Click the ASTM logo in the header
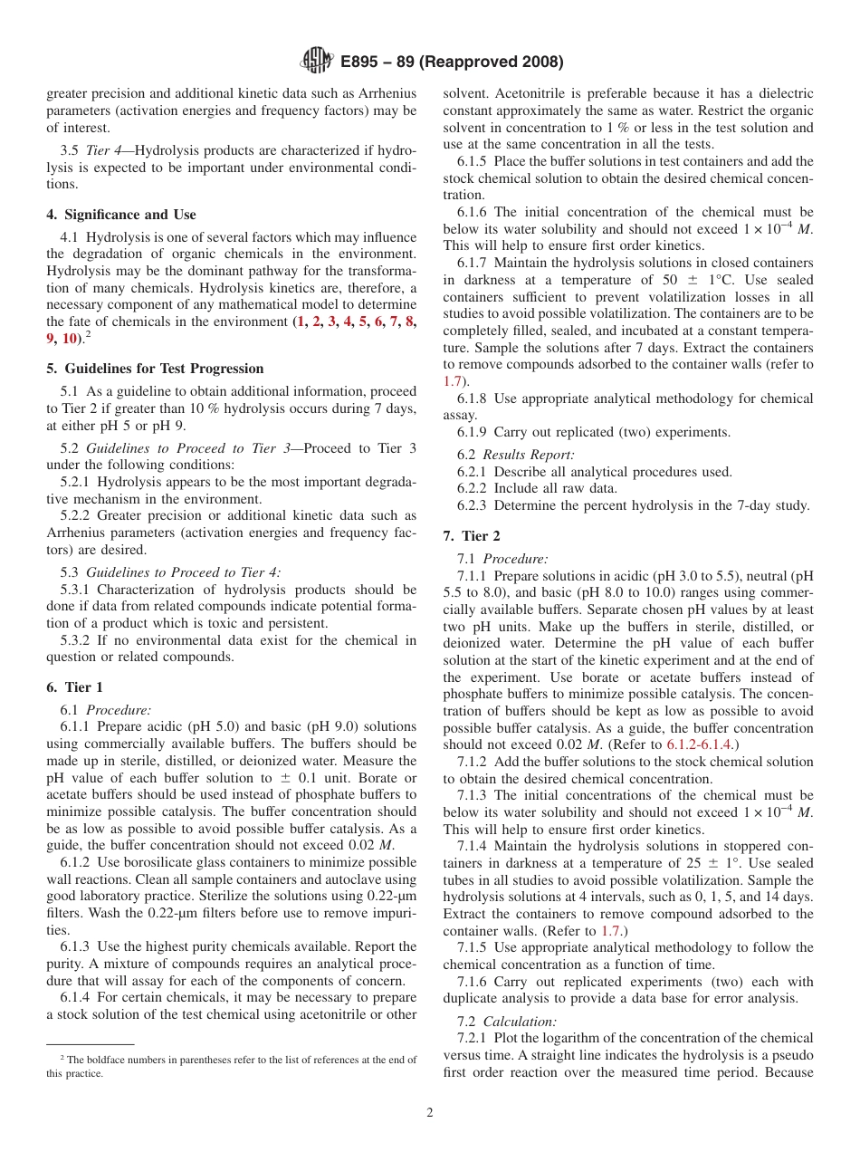[x=318, y=62]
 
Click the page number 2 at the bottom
[x=430, y=1113]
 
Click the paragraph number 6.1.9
[x=473, y=432]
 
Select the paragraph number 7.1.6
[x=473, y=982]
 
